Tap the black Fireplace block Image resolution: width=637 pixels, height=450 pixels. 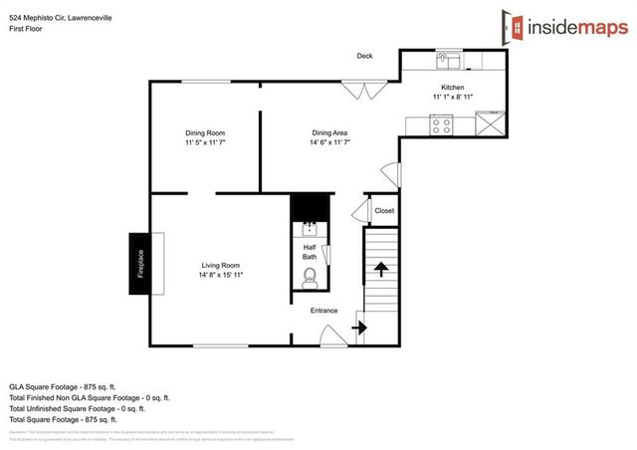pyautogui.click(x=138, y=266)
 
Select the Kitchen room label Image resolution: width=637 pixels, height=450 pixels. pyautogui.click(x=452, y=87)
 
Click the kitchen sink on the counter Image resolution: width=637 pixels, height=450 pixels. pyautogui.click(x=444, y=62)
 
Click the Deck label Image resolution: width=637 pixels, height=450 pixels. pyautogui.click(x=365, y=56)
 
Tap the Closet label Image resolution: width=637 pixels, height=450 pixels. pyautogui.click(x=383, y=210)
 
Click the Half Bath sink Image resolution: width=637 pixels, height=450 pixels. pyautogui.click(x=310, y=230)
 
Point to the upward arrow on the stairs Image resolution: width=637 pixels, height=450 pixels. pyautogui.click(x=380, y=269)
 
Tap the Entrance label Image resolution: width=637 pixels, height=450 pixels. pyautogui.click(x=324, y=311)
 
